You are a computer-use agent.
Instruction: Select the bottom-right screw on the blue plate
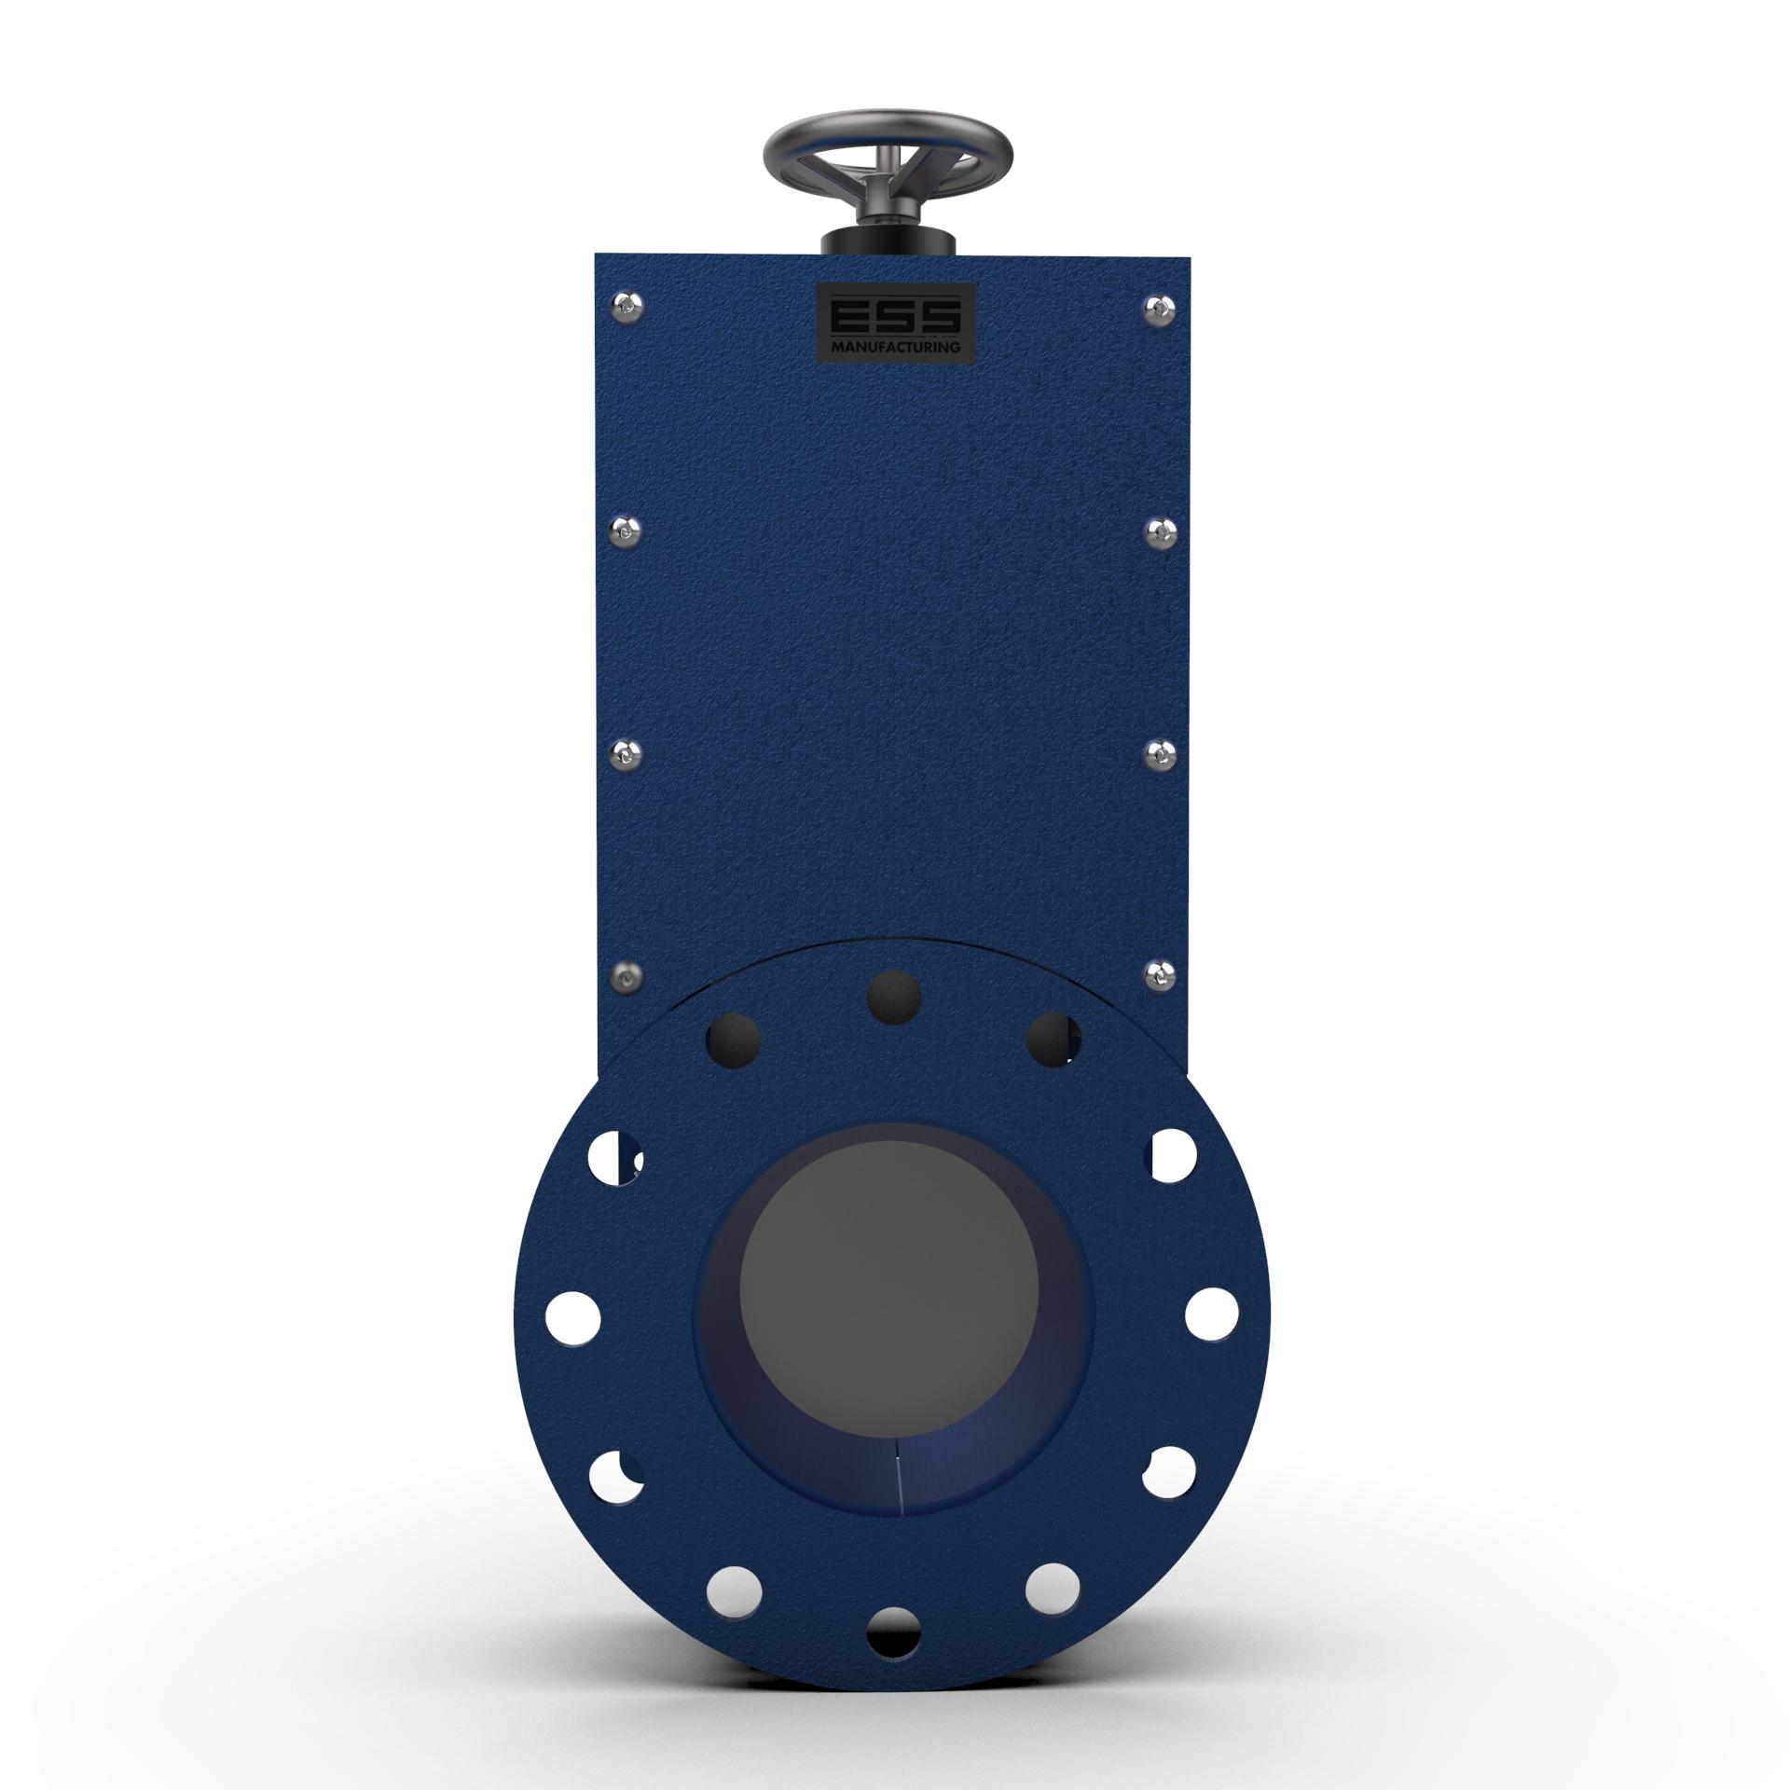coord(1158,975)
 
